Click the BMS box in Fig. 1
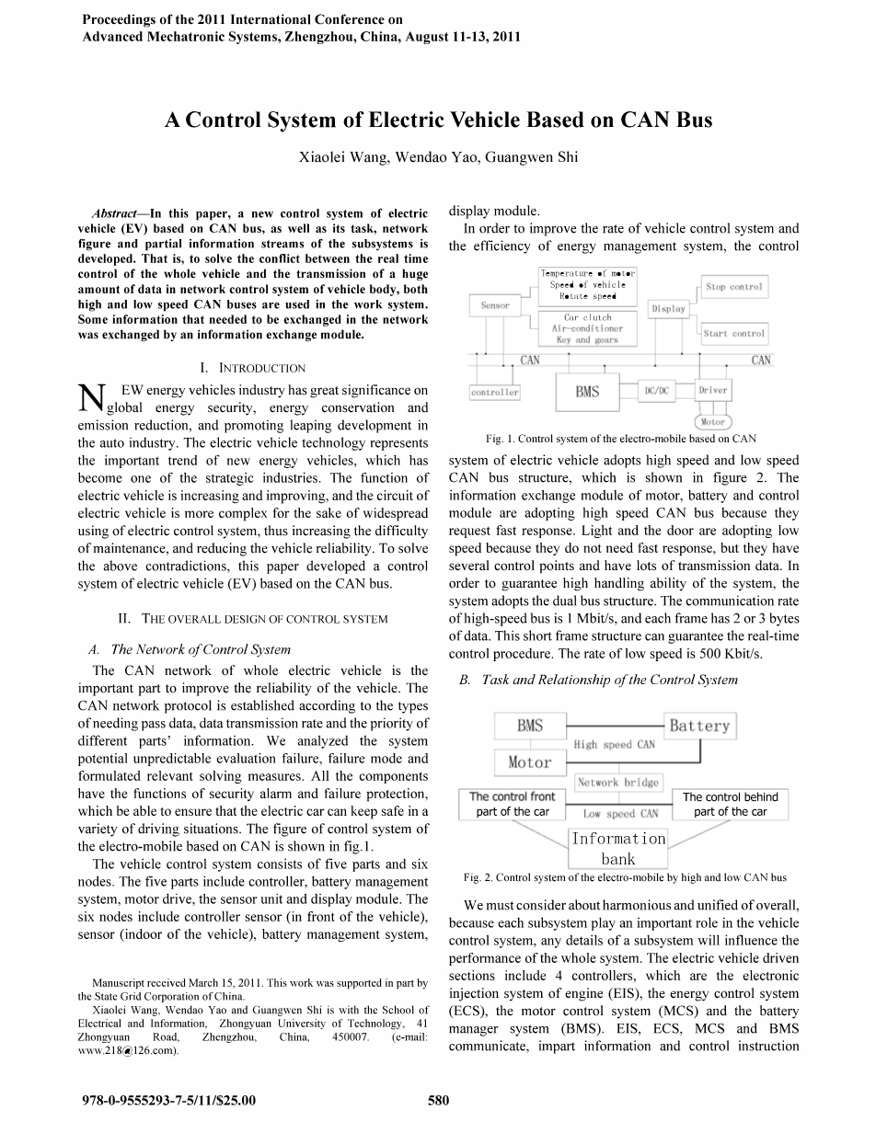tap(587, 392)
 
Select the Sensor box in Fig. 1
tap(495, 305)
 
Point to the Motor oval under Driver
tap(713, 422)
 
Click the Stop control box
tap(733, 287)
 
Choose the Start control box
tap(733, 334)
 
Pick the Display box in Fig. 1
tap(669, 309)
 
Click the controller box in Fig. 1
tap(495, 392)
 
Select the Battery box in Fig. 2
tap(699, 726)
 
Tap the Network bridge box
tap(617, 783)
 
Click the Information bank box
tap(618, 848)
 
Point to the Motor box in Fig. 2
tap(530, 761)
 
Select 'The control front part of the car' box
tap(512, 804)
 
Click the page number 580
tap(438, 1100)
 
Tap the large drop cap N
tap(92, 398)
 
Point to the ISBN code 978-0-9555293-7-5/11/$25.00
tap(168, 1100)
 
